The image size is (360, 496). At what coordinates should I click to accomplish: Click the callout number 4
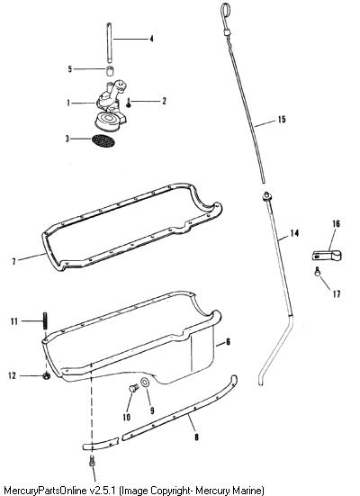pos(151,39)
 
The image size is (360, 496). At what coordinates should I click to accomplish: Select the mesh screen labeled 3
pos(103,140)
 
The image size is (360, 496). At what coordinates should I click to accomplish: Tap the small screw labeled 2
pos(129,104)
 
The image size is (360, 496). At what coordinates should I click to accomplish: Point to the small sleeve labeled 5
pos(110,71)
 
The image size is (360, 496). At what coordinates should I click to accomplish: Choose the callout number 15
pos(282,119)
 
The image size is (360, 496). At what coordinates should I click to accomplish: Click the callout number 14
pos(294,233)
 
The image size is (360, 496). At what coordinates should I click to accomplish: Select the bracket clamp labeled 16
pos(327,256)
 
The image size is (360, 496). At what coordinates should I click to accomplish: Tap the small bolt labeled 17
pos(318,272)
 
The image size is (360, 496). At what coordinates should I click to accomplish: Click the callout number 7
pos(13,262)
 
